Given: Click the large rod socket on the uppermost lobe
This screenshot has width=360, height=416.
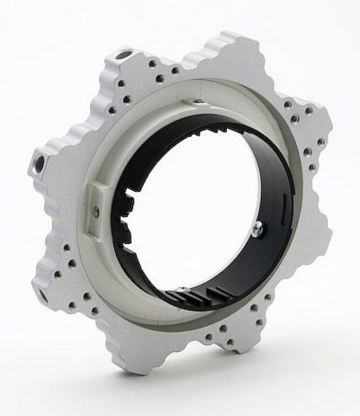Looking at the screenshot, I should pyautogui.click(x=123, y=54).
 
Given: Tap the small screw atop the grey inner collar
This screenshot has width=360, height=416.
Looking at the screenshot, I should pyautogui.click(x=198, y=100).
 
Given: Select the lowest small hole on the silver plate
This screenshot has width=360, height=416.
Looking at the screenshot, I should pyautogui.click(x=229, y=343).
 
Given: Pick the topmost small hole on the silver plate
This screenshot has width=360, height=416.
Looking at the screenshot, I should pyautogui.click(x=152, y=63).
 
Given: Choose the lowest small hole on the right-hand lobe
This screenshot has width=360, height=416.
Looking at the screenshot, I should pyautogui.click(x=312, y=167).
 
